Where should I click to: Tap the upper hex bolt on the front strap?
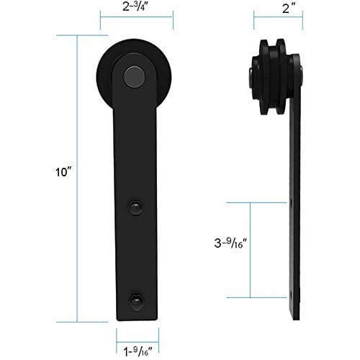pyautogui.click(x=136, y=207)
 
